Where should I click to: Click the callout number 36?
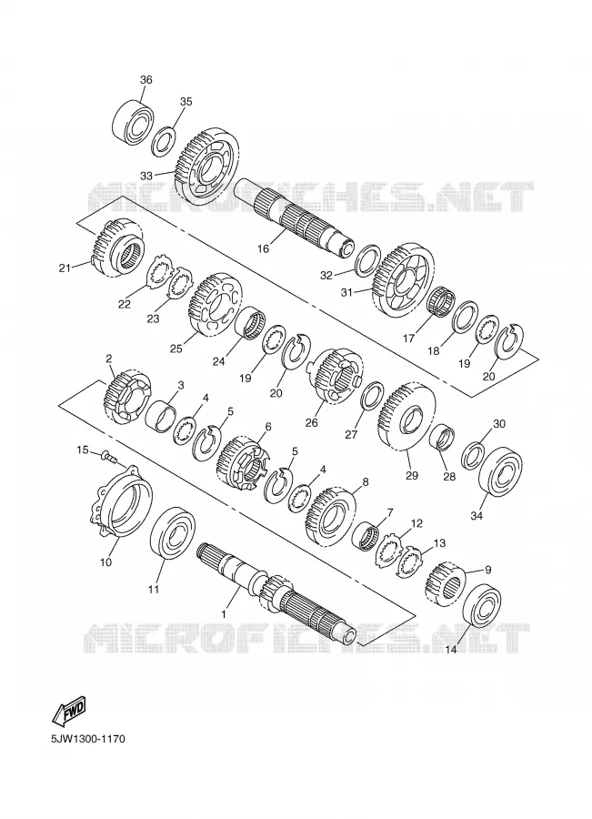[146, 80]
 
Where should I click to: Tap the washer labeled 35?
[165, 141]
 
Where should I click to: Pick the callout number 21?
[65, 268]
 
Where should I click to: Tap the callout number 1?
[224, 615]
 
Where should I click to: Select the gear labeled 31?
[403, 280]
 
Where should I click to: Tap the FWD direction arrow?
[69, 708]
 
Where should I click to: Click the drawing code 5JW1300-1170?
[87, 739]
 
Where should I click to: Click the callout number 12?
[416, 523]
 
